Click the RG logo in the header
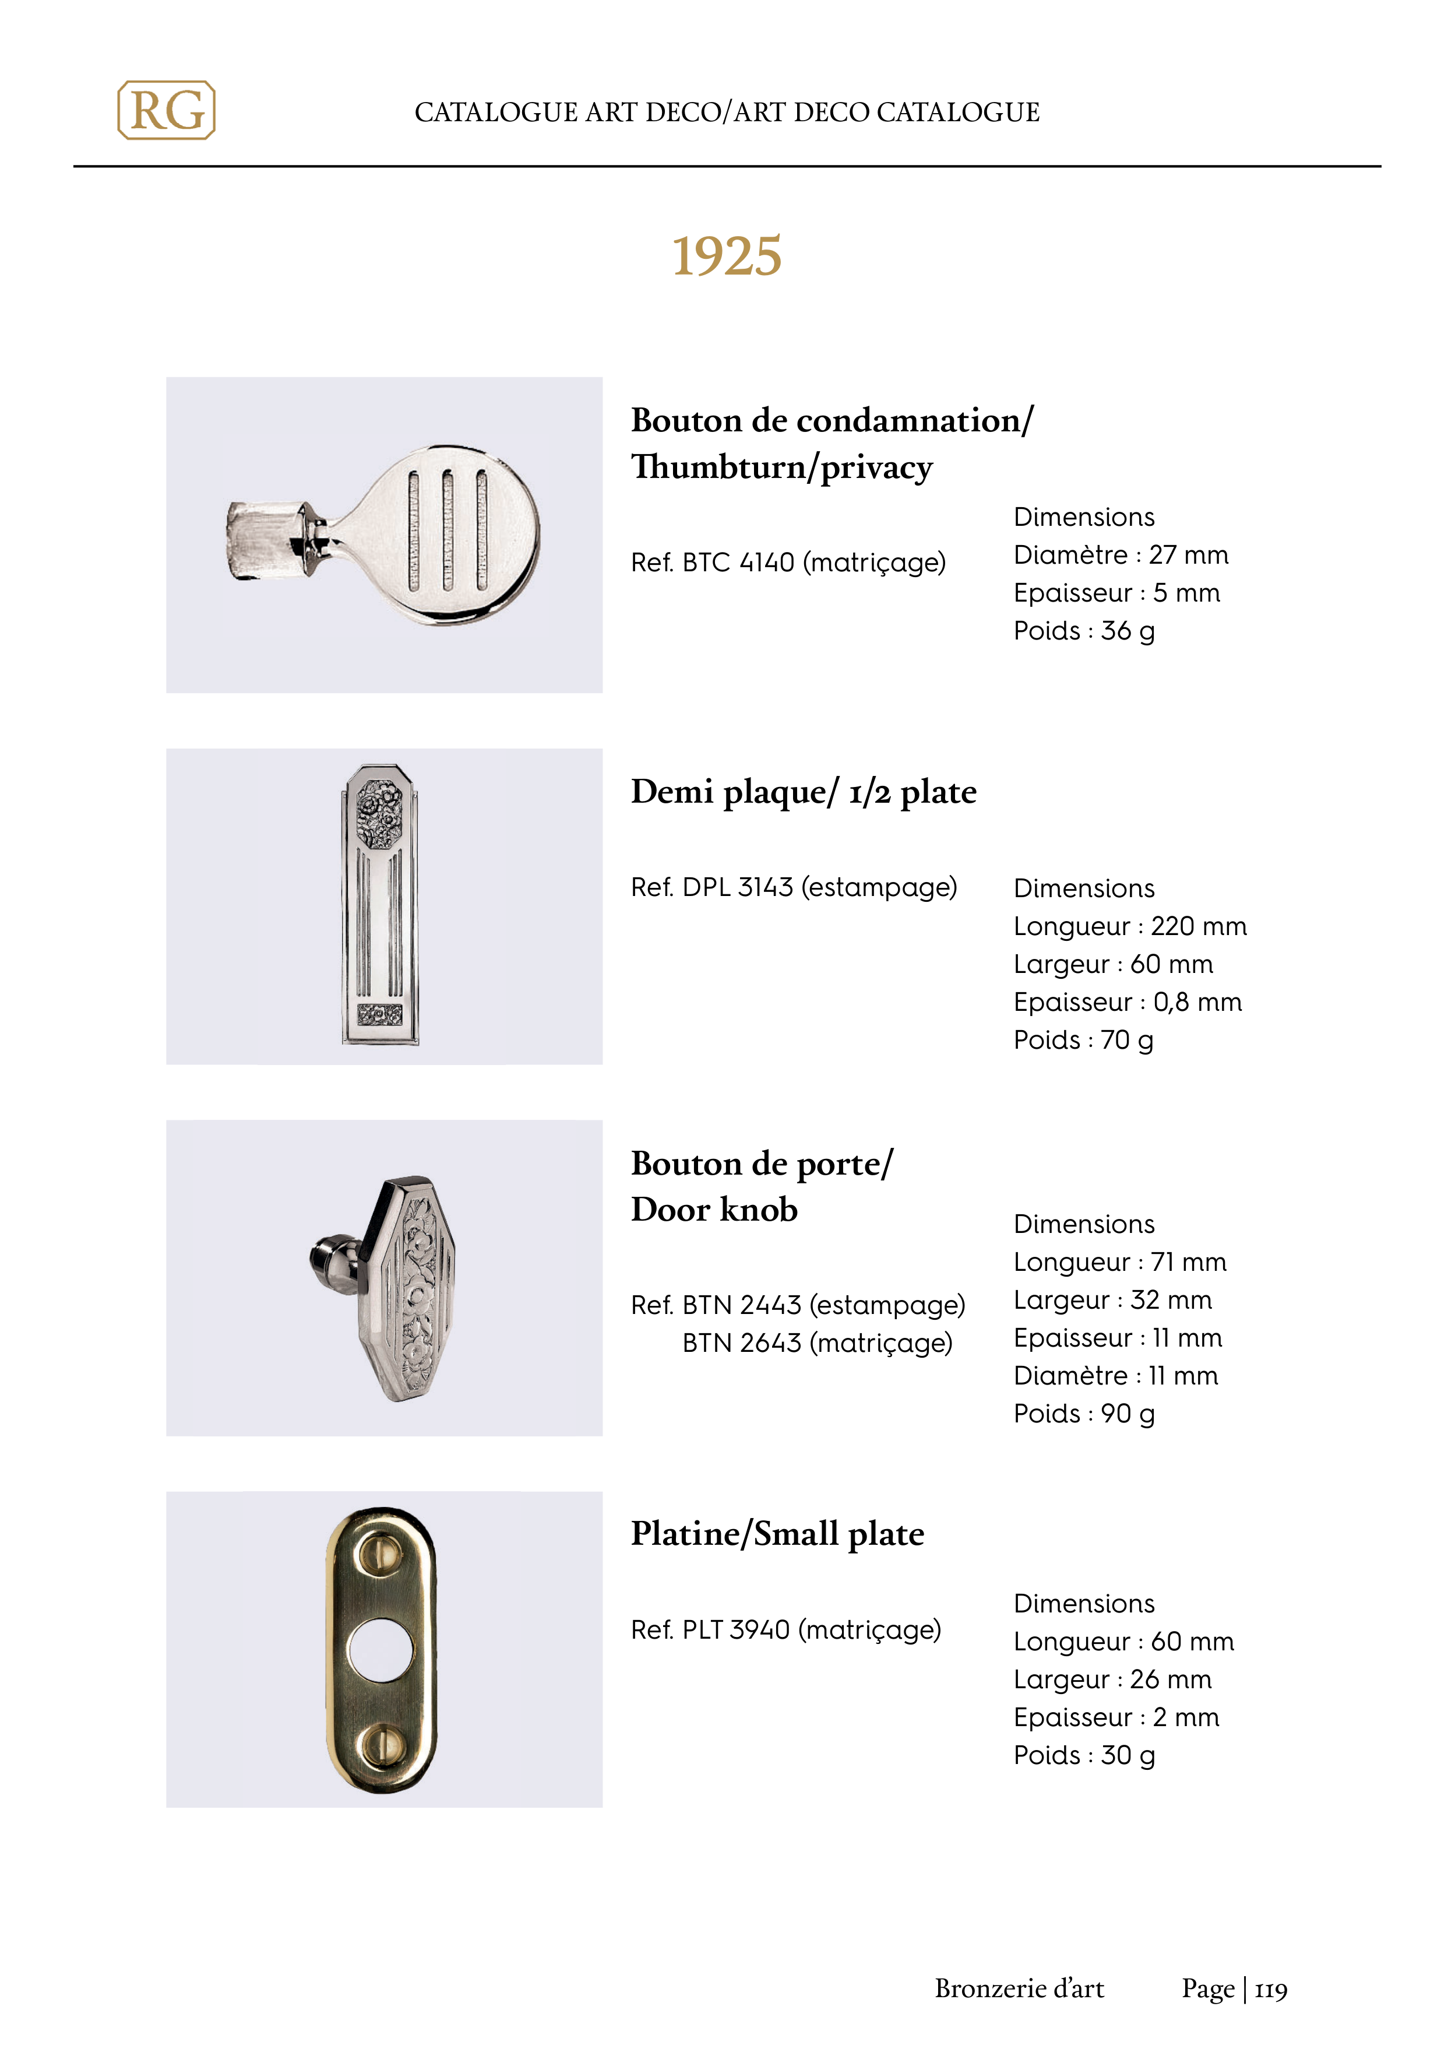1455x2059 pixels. point(167,110)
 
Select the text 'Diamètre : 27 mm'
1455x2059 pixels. point(1121,555)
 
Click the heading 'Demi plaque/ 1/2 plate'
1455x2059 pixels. point(804,792)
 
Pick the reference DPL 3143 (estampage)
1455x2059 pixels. point(794,887)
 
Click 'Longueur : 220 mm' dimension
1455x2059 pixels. point(1130,926)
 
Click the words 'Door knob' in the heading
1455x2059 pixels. point(714,1210)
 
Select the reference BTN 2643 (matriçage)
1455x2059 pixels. point(817,1343)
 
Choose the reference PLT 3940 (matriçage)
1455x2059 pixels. point(785,1629)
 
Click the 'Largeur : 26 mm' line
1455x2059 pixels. point(1112,1679)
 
